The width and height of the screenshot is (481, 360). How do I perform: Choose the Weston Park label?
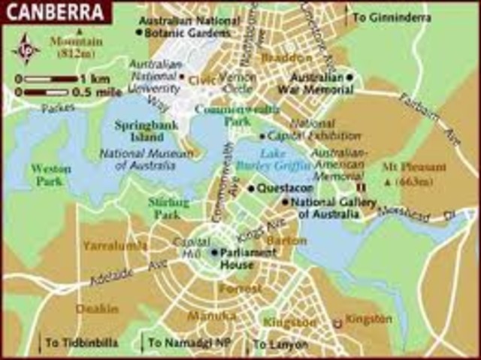(x=51, y=174)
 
